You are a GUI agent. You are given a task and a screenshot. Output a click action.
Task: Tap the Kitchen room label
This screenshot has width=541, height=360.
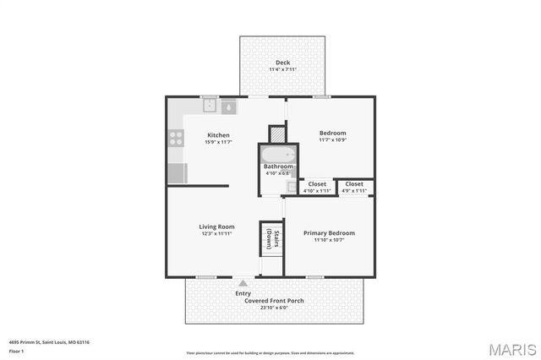tap(218, 135)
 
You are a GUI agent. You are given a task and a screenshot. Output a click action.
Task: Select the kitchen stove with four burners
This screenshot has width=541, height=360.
tap(176, 138)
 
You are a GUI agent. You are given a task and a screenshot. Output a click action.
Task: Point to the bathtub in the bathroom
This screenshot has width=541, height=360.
tap(277, 154)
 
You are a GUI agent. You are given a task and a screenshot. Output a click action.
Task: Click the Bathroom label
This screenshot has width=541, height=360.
tap(278, 166)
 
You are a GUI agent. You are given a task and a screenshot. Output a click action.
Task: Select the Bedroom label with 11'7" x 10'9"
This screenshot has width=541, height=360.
tap(332, 133)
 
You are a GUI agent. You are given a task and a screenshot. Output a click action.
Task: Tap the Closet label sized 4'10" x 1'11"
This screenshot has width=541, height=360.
tap(317, 183)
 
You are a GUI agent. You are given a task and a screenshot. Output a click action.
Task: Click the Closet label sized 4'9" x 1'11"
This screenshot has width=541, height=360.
tap(354, 183)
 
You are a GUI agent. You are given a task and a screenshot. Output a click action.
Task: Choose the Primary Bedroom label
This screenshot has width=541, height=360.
tap(330, 232)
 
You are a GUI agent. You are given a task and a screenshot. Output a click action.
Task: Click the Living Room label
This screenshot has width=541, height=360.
tap(216, 226)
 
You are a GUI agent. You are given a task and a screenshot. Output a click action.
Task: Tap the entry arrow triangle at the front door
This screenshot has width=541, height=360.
tap(243, 283)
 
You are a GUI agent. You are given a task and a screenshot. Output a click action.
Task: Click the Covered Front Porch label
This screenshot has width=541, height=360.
tap(274, 301)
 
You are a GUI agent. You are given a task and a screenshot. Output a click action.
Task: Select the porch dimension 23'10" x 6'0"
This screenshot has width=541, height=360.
tap(274, 308)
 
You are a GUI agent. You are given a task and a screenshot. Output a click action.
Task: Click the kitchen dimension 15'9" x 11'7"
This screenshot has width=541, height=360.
tap(218, 142)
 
